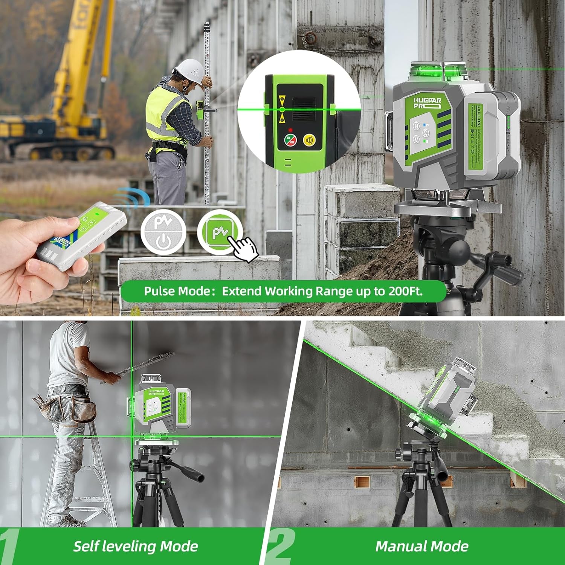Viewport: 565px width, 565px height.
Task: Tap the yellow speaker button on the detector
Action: coord(310,140)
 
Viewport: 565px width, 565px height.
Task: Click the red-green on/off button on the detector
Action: coord(290,140)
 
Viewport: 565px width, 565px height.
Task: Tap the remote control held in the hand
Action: coord(81,234)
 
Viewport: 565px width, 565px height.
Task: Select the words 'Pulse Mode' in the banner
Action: coord(177,291)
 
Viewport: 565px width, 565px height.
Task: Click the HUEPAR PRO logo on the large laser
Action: coord(427,103)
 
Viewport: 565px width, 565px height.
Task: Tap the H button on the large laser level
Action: coord(416,126)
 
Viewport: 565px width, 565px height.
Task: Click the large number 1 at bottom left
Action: coord(9,546)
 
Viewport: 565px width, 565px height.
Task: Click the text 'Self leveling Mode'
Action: coord(135,546)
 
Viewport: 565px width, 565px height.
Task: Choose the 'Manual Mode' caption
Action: coord(421,546)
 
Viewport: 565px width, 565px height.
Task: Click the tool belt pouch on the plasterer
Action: coord(83,409)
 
